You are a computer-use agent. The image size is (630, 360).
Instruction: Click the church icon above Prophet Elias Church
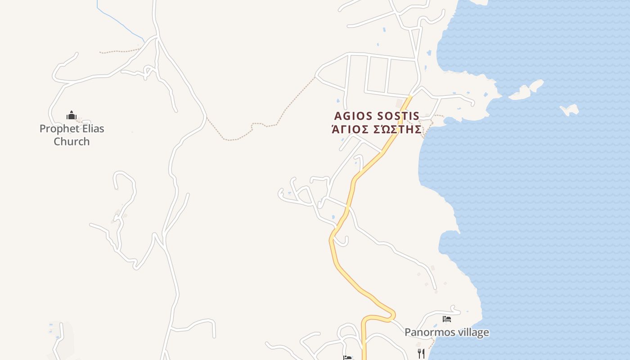(72, 116)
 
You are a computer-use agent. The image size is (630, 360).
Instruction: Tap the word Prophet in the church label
(56, 129)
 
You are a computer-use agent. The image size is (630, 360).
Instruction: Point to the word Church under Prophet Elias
(72, 141)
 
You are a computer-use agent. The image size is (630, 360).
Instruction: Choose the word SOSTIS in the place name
(398, 116)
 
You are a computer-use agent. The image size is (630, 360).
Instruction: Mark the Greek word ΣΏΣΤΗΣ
(398, 130)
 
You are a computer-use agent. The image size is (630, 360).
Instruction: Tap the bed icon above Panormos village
(446, 319)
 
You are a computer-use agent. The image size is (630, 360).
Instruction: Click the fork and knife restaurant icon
(421, 353)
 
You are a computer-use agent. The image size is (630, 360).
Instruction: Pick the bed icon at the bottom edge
(347, 358)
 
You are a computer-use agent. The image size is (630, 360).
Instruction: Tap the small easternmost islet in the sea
(569, 109)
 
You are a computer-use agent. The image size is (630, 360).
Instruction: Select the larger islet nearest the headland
(522, 93)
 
